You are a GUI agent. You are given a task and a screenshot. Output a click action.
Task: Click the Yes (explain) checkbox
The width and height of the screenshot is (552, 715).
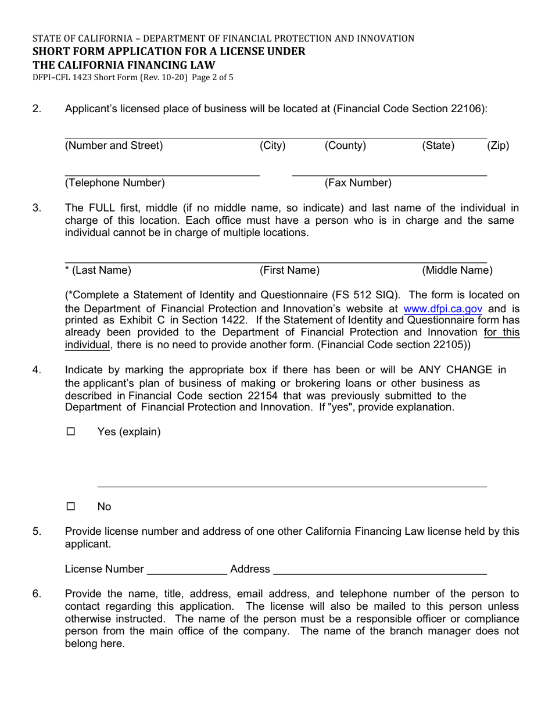coord(71,432)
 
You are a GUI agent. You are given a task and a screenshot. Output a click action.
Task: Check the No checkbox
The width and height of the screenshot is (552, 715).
coord(71,506)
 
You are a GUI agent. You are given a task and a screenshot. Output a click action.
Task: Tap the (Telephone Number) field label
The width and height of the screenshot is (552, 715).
coord(115,183)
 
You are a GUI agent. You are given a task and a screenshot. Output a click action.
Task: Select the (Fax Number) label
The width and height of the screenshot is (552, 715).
coord(358,183)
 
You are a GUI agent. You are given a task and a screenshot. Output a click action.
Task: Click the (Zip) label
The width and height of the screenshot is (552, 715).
coord(497,146)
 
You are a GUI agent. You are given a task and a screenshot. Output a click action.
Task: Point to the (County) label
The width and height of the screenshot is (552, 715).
coord(345,146)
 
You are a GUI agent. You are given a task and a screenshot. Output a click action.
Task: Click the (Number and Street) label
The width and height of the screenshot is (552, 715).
coord(114,146)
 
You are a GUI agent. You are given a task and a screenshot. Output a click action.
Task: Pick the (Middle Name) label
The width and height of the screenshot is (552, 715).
coord(457,270)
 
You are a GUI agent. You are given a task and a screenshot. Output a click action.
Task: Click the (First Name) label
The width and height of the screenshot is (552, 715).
coord(289,270)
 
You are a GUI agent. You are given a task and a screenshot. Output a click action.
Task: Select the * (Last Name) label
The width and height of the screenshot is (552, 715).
coord(98,270)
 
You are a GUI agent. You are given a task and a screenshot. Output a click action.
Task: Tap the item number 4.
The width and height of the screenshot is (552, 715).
coord(37,370)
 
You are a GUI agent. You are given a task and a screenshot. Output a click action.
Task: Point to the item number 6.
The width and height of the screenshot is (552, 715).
coord(37,594)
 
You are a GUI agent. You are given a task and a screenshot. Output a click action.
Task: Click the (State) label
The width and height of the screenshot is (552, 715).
coord(438,146)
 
